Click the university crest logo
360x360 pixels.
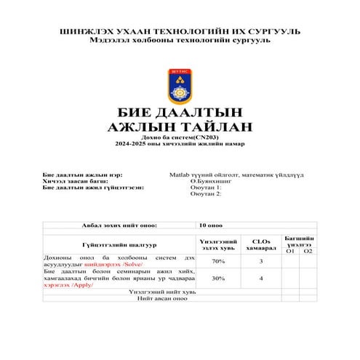[179, 86]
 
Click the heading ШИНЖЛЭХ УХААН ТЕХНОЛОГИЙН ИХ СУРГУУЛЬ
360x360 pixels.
[179, 31]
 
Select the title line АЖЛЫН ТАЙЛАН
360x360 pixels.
[179, 128]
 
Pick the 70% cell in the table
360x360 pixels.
[217, 260]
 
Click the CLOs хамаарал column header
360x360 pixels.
[261, 244]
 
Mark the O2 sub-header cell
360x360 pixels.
[308, 251]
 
